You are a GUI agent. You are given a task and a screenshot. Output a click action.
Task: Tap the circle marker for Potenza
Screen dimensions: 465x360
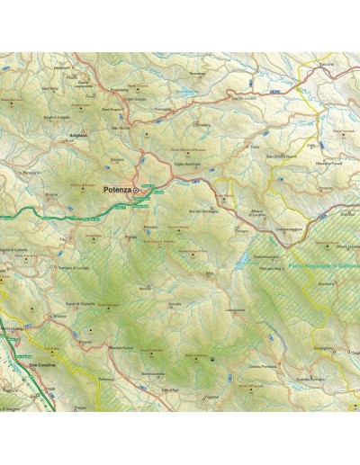137,191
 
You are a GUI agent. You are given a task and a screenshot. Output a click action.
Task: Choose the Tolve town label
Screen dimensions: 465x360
255,146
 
